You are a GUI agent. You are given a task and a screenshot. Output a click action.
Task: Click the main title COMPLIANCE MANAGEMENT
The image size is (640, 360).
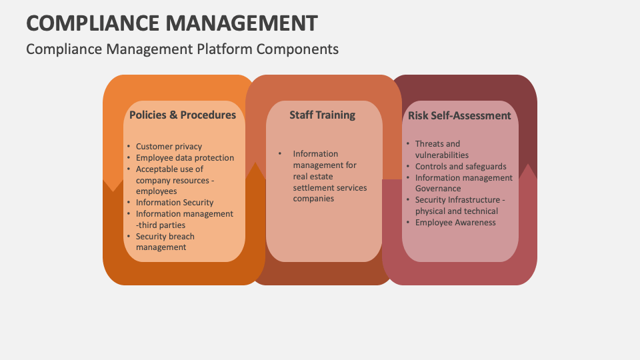pyautogui.click(x=172, y=23)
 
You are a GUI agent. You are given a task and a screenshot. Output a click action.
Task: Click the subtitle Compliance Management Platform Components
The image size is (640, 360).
pyautogui.click(x=182, y=49)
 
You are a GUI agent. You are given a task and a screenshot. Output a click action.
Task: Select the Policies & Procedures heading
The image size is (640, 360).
pyautogui.click(x=183, y=115)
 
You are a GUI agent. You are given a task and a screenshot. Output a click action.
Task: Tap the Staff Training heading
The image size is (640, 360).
pyautogui.click(x=322, y=115)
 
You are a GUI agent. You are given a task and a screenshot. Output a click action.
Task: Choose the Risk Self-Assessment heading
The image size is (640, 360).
pyautogui.click(x=459, y=115)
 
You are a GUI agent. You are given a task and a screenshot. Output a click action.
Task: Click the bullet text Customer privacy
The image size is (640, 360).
pyautogui.click(x=169, y=147)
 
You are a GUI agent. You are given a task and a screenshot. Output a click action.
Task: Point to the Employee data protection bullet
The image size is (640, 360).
pyautogui.click(x=185, y=158)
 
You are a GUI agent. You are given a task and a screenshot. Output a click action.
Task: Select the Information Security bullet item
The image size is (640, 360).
pyautogui.click(x=175, y=203)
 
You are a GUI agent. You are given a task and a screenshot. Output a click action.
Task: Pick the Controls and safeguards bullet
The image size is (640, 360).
pyautogui.click(x=461, y=167)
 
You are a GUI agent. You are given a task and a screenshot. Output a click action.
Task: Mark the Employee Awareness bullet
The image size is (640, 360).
pyautogui.click(x=455, y=223)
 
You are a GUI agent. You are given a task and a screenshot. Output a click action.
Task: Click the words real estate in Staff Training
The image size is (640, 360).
pyautogui.click(x=313, y=177)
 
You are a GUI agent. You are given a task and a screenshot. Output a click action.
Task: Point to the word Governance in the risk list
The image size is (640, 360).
pyautogui.click(x=438, y=189)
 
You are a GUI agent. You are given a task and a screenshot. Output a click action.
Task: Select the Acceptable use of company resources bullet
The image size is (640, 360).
pyautogui.click(x=174, y=180)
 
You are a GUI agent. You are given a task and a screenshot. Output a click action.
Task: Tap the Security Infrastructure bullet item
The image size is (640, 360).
pyautogui.click(x=459, y=205)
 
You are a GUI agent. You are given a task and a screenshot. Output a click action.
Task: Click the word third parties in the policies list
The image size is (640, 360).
pyautogui.click(x=163, y=225)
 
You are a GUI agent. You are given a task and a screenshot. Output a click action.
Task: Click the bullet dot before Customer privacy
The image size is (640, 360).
pyautogui.click(x=129, y=147)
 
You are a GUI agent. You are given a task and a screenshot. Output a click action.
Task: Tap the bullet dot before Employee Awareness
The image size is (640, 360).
pyautogui.click(x=408, y=223)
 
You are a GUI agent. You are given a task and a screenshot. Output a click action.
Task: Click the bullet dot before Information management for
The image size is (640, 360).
pyautogui.click(x=280, y=154)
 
